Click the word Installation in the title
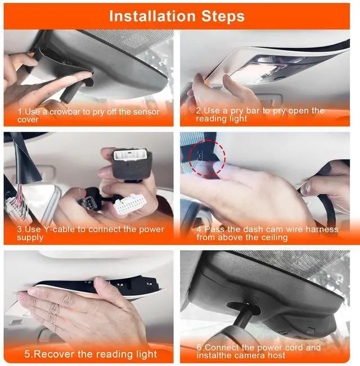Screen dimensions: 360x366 click(x=152, y=16)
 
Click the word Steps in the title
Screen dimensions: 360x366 click(x=223, y=16)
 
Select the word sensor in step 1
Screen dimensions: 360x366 click(x=146, y=112)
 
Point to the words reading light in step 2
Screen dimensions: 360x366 click(x=221, y=119)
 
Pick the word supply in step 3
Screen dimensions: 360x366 click(x=30, y=238)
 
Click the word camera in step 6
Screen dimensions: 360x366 click(x=251, y=355)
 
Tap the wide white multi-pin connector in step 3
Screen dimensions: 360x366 click(x=130, y=204)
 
